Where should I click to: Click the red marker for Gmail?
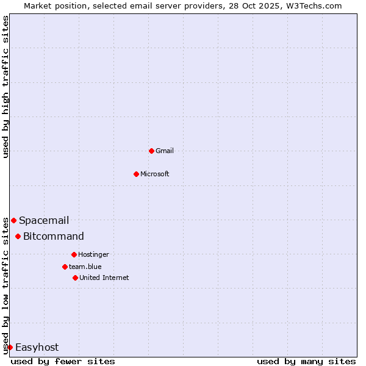tap(151, 151)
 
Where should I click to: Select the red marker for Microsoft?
tap(136, 174)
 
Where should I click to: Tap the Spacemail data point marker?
tap(13, 220)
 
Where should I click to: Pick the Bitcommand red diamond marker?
tap(18, 236)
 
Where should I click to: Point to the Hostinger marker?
tap(74, 254)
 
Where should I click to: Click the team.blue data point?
tap(65, 267)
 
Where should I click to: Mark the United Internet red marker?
tap(75, 278)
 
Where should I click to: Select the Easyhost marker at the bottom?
tap(10, 347)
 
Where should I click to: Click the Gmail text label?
tap(165, 151)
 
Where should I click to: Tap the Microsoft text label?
tap(155, 174)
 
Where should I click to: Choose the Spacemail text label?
tap(44, 220)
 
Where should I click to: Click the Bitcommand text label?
tap(54, 236)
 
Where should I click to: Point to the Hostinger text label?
tap(93, 254)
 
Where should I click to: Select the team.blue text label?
tap(85, 267)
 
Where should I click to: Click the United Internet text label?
tap(104, 278)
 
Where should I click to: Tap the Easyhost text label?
tap(37, 347)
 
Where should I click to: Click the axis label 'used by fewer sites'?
tap(63, 361)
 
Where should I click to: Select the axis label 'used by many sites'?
tap(306, 361)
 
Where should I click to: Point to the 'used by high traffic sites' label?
tap(5, 87)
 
